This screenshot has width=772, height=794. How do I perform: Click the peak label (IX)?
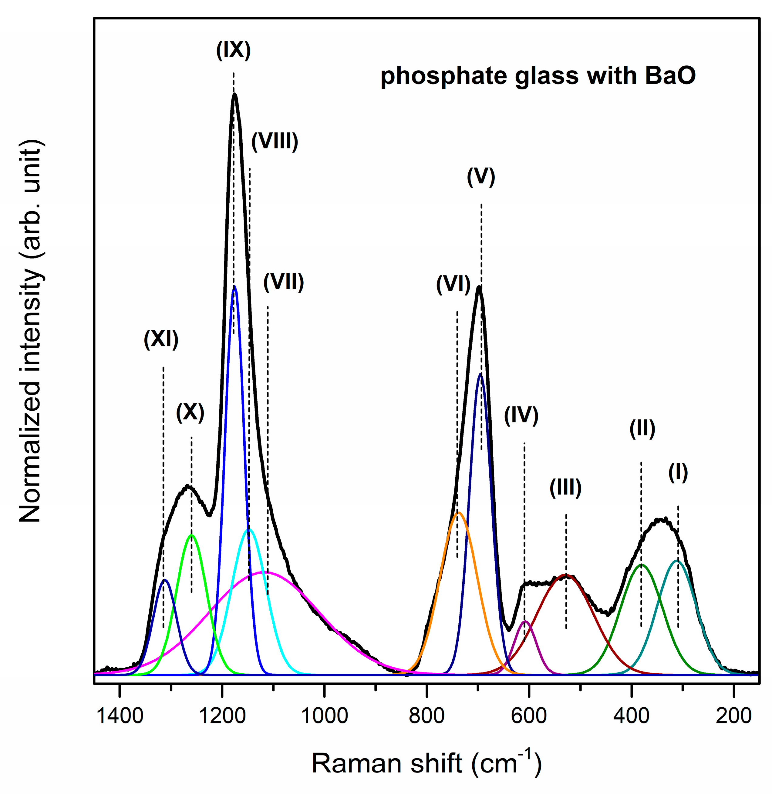[233, 51]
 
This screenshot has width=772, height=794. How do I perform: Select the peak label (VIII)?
[275, 142]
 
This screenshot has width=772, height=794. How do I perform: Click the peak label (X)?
[190, 413]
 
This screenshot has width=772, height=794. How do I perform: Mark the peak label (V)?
[481, 177]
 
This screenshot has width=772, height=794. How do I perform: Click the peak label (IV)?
[521, 415]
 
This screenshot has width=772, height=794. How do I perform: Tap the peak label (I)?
[678, 472]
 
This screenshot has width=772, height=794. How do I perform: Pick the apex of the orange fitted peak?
[459, 513]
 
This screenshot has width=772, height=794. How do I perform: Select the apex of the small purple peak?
[525, 621]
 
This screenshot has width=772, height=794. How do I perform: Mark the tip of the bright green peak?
[192, 535]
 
